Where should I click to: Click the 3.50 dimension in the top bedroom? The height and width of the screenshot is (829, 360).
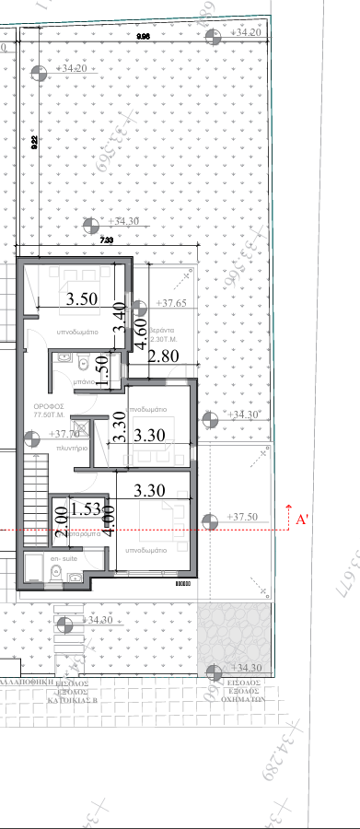click(x=83, y=298)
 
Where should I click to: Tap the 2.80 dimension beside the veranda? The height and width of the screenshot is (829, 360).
click(x=162, y=356)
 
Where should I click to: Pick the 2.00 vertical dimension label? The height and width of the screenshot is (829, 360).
click(x=61, y=521)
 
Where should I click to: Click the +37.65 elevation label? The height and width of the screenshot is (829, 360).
click(x=170, y=303)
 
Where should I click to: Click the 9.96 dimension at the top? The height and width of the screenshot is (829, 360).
click(x=143, y=35)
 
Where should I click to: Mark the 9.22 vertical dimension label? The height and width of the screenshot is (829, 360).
click(x=34, y=141)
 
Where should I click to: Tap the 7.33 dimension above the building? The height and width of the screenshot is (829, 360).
click(x=106, y=239)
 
